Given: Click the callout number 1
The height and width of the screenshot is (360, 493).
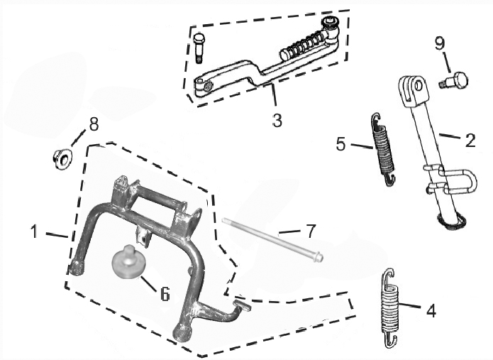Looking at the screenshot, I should point(33,231).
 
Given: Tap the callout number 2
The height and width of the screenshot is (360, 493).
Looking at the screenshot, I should point(470,140).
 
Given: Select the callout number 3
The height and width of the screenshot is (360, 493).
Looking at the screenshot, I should point(277,121).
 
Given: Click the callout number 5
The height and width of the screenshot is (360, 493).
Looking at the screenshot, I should point(341,145).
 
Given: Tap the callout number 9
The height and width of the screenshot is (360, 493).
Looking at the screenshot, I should point(439,44).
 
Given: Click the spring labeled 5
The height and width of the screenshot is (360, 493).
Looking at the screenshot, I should point(383,150).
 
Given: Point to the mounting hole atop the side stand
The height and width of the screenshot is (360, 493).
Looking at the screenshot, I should point(419,88).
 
